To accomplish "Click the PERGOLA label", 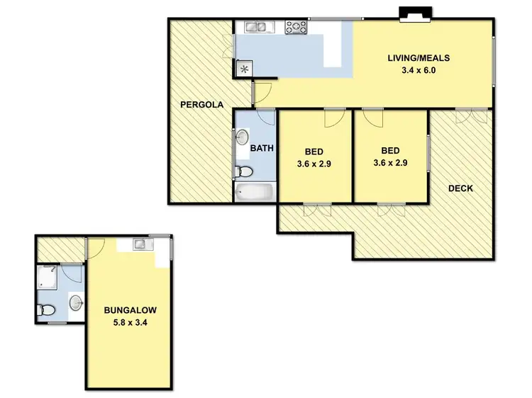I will pyautogui.click(x=201, y=105).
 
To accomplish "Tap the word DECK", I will pyautogui.click(x=460, y=188).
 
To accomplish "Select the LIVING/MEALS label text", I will pyautogui.click(x=419, y=58).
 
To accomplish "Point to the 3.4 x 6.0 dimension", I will pyautogui.click(x=419, y=70).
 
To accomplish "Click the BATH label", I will pyautogui.click(x=262, y=149).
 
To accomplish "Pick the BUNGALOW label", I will pyautogui.click(x=130, y=310).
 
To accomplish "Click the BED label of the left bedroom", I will pyautogui.click(x=314, y=151).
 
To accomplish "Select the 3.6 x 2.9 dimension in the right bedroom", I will pyautogui.click(x=390, y=162).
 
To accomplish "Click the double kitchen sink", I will pyautogui.click(x=255, y=27).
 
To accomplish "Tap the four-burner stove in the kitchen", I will pyautogui.click(x=296, y=27).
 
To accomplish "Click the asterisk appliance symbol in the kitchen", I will pyautogui.click(x=244, y=69).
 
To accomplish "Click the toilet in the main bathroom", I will pyautogui.click(x=244, y=171).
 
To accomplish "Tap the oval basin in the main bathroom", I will pyautogui.click(x=243, y=137).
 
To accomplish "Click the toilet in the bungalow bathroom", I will pyautogui.click(x=46, y=309).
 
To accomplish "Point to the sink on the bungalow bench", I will pyautogui.click(x=140, y=244).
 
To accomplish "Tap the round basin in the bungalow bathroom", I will pyautogui.click(x=76, y=304).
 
